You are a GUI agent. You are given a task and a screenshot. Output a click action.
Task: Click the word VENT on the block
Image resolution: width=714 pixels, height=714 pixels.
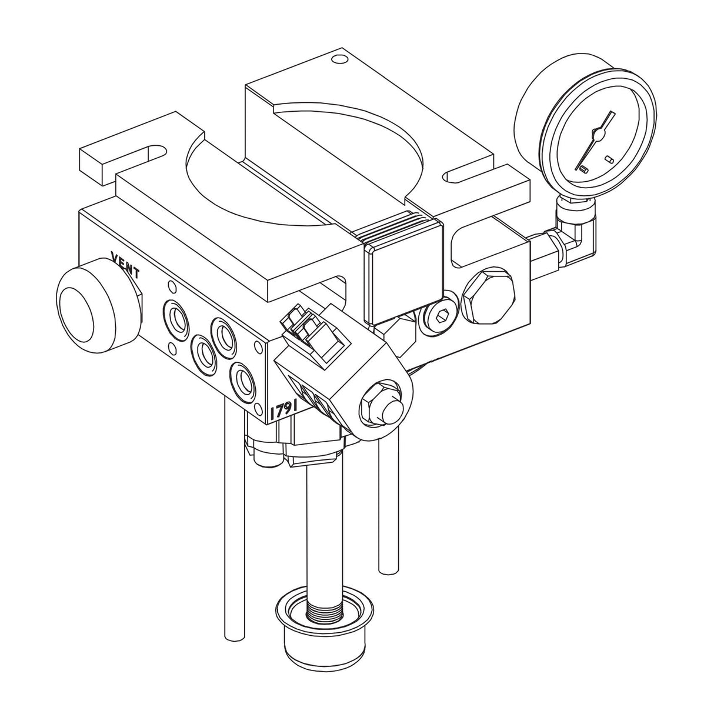[125, 262]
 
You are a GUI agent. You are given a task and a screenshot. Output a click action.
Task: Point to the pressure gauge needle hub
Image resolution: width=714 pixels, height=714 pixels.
[598, 135]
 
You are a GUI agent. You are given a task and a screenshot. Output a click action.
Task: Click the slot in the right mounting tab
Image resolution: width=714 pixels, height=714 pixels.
[471, 175]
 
